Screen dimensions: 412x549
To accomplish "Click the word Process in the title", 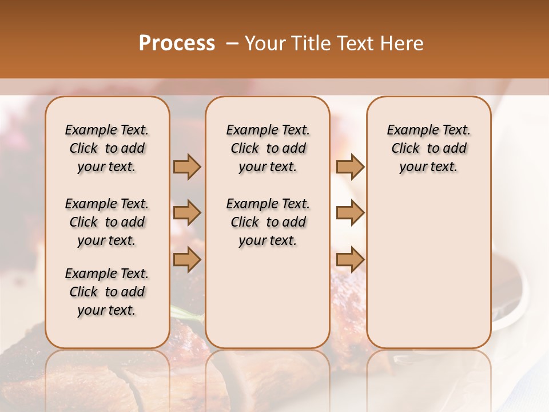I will pos(177,43).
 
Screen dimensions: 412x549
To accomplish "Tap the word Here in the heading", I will pos(403,43).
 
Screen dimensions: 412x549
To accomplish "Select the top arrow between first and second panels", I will pos(187,167).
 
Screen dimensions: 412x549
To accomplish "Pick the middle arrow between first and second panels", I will pos(187,213).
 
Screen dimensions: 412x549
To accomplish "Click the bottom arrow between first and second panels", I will pos(187,260).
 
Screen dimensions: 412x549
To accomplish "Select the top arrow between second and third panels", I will pos(350,167).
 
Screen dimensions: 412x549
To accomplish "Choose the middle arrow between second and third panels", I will pos(350,213).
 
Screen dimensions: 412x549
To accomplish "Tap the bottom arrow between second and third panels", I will pos(350,260).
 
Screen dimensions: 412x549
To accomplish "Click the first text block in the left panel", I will pos(107,148).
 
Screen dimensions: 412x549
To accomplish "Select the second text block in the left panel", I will pos(107,222).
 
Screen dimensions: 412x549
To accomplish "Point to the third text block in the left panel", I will pos(107,292).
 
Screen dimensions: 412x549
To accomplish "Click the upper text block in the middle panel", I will pos(268,148).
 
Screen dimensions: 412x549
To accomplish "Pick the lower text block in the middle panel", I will pos(268,222).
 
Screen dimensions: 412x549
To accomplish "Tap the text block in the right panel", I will pos(428,148).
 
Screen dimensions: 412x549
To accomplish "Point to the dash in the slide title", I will pos(232,43).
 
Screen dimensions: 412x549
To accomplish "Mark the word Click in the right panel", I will pos(405,149).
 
